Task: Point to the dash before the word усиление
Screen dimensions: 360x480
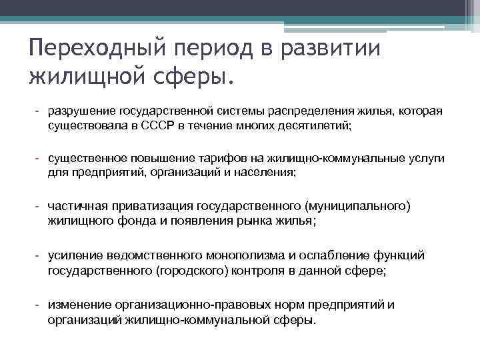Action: coord(39,256)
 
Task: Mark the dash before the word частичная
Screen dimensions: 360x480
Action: coord(39,207)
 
